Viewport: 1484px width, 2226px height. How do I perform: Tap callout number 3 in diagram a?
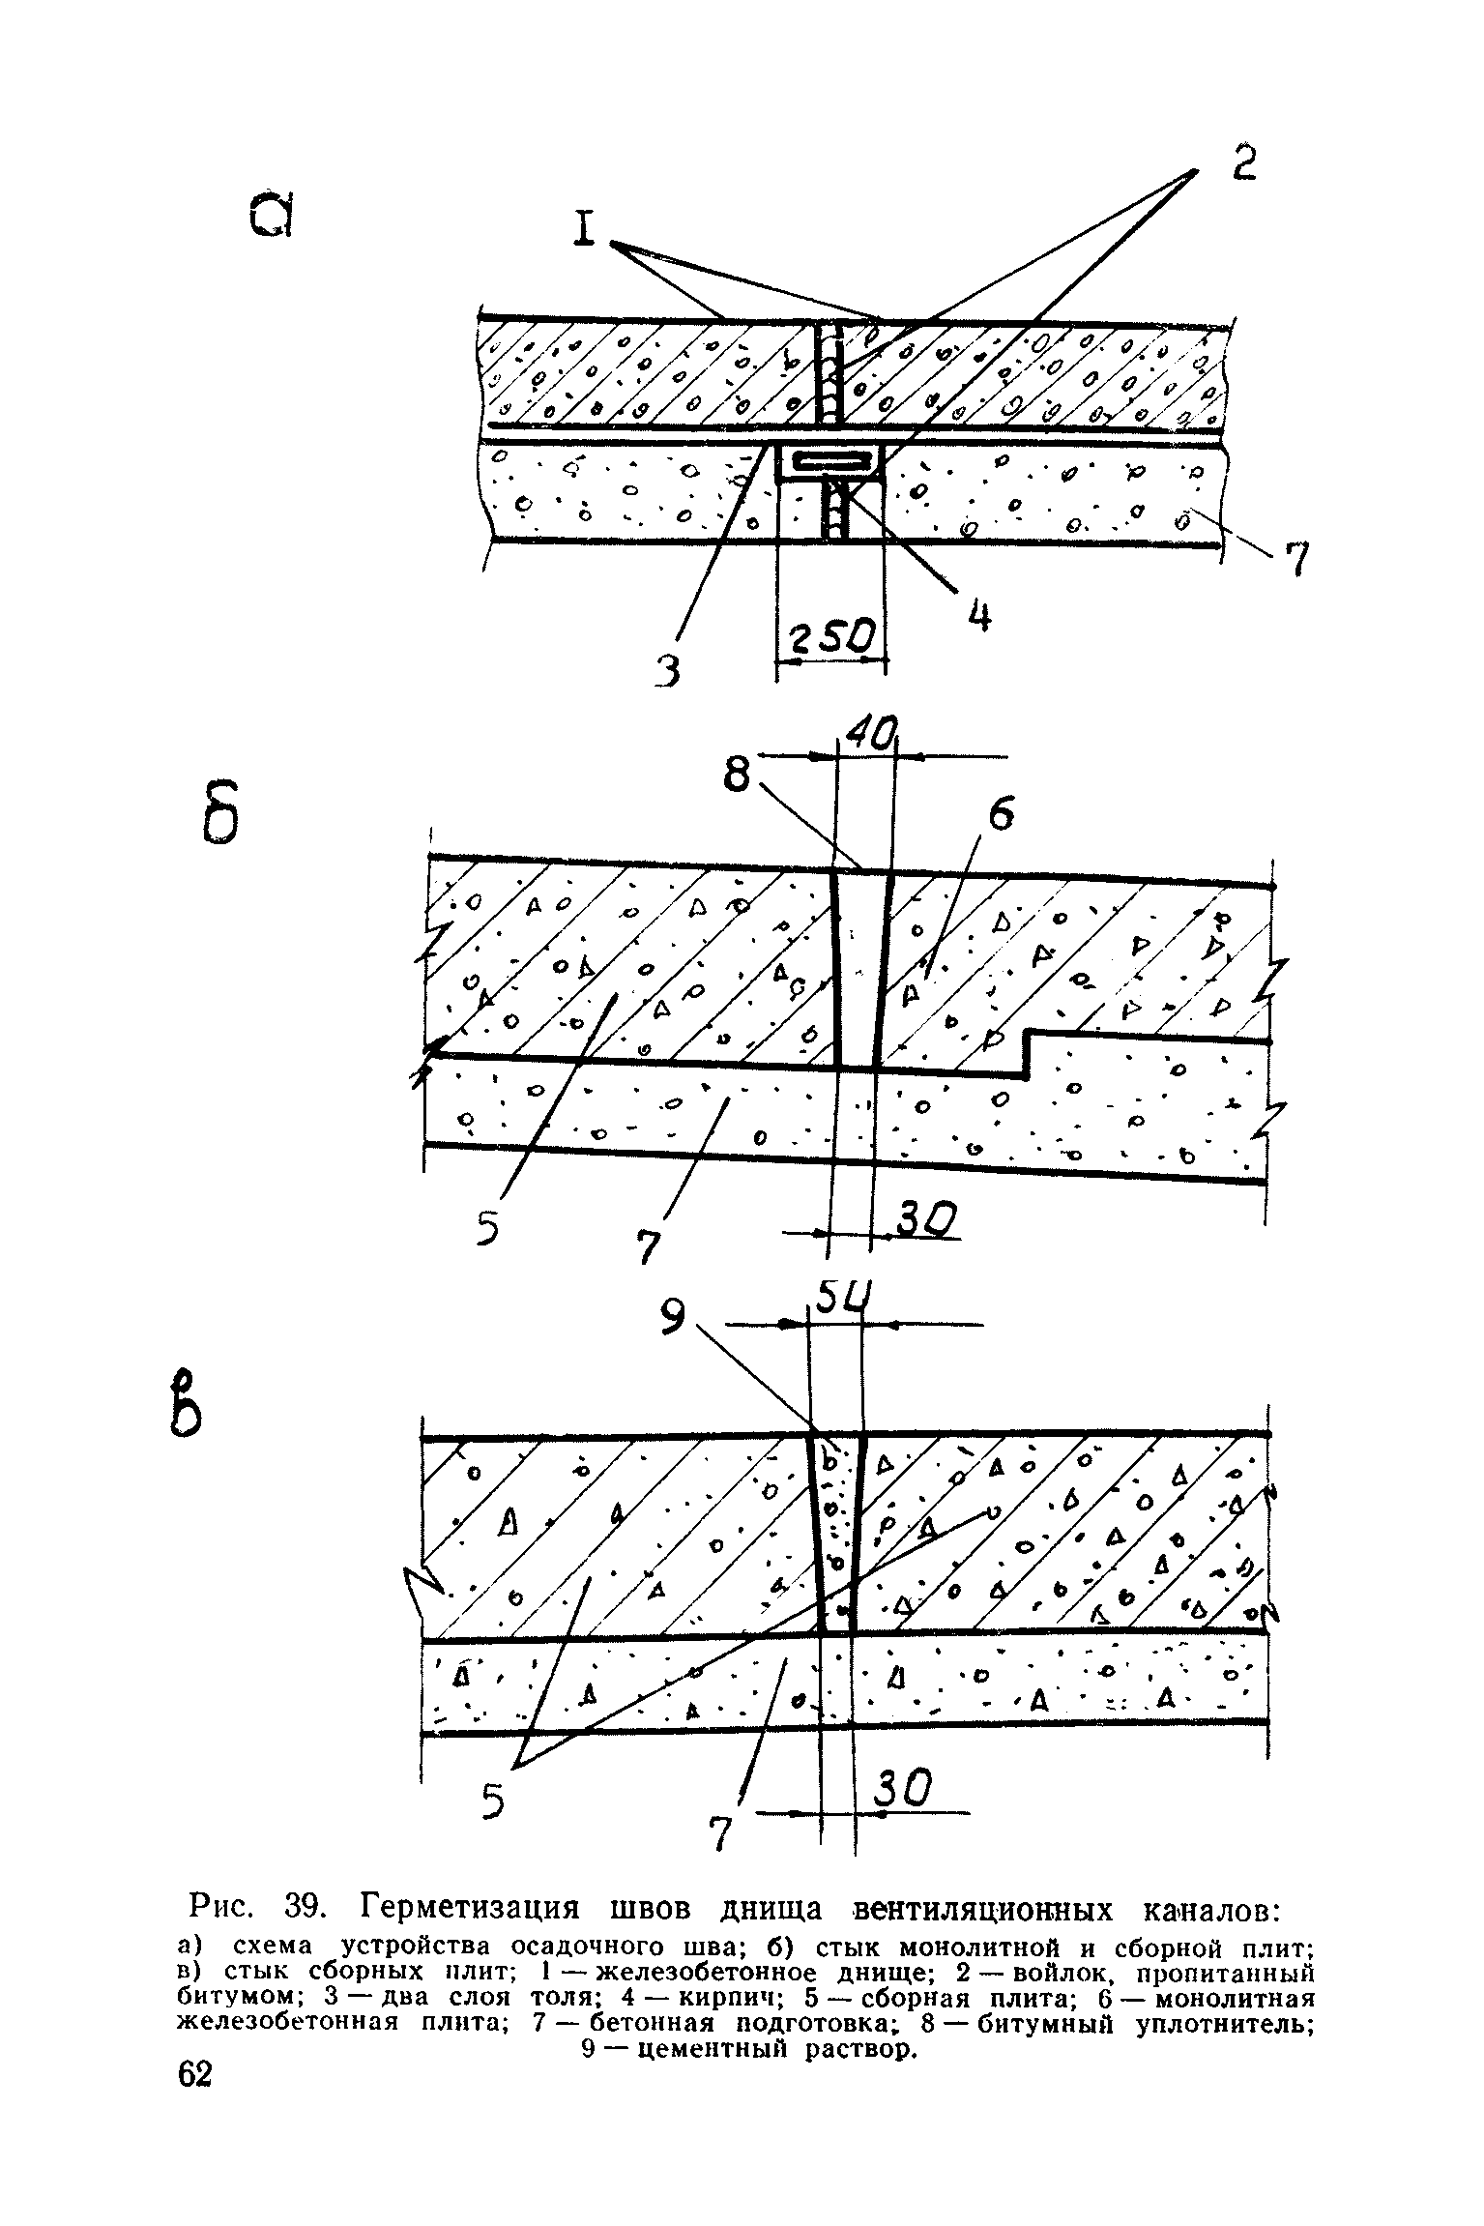pyautogui.click(x=666, y=668)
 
